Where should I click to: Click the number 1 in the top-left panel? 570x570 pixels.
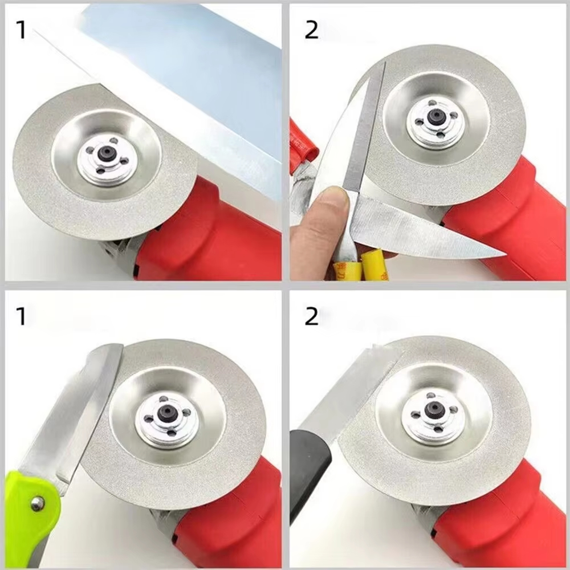(x=21, y=30)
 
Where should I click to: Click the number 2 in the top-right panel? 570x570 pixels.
(x=311, y=30)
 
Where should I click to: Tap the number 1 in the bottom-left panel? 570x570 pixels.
(x=21, y=315)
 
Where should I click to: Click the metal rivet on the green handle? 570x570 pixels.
(x=37, y=502)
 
